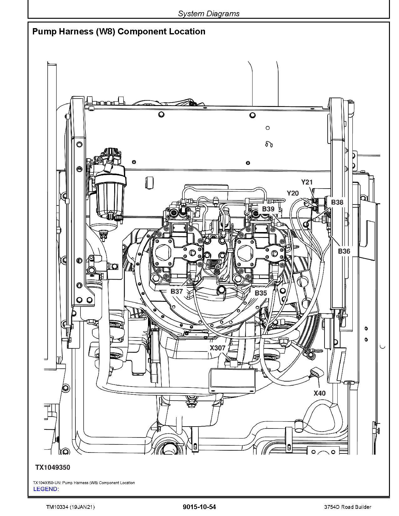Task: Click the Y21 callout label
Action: click(x=307, y=182)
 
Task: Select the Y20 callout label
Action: click(x=293, y=193)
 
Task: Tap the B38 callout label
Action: click(x=337, y=202)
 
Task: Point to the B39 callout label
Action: click(x=268, y=209)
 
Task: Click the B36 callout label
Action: click(x=344, y=251)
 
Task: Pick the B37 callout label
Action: click(x=176, y=291)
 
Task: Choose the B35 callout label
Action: click(x=261, y=293)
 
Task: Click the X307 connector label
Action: click(x=217, y=348)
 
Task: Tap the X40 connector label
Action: click(x=320, y=393)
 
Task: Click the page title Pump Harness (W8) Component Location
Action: click(x=119, y=32)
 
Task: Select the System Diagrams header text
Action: click(x=208, y=13)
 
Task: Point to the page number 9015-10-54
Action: click(x=199, y=507)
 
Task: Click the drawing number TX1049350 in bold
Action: click(x=53, y=467)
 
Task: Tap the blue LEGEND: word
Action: click(x=46, y=489)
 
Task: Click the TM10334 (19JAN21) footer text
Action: click(x=70, y=507)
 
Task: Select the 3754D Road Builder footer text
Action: click(x=347, y=507)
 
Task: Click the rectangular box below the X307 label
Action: click(x=232, y=380)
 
